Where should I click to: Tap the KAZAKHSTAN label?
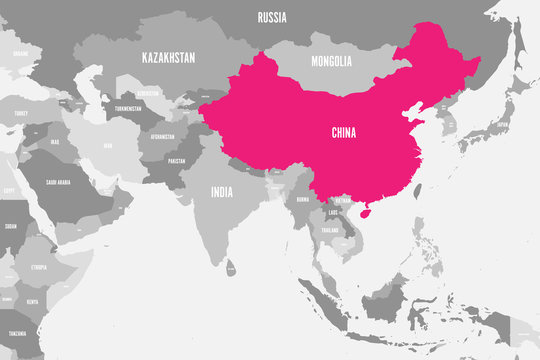pyautogui.click(x=167, y=57)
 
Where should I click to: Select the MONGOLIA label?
pyautogui.click(x=331, y=62)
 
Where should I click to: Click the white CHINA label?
pyautogui.click(x=344, y=132)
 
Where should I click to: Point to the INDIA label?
pyautogui.click(x=222, y=191)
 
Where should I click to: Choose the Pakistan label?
pyautogui.click(x=176, y=161)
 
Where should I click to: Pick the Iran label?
pyautogui.click(x=108, y=146)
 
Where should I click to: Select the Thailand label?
pyautogui.click(x=330, y=230)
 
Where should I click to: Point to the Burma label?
pyautogui.click(x=302, y=199)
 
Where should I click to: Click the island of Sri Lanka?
pyautogui.click(x=232, y=268)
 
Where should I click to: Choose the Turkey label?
pyautogui.click(x=21, y=113)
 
